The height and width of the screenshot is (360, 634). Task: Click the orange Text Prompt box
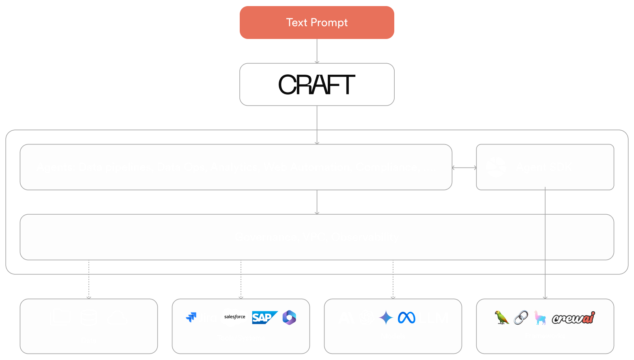pos(317,23)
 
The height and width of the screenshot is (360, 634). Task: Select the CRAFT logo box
pos(317,84)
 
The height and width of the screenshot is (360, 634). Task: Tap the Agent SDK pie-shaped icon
pos(496,167)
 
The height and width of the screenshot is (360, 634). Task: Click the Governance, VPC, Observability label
pos(317,237)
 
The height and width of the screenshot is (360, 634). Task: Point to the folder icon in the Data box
pos(60,317)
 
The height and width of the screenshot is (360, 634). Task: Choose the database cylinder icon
pos(89,317)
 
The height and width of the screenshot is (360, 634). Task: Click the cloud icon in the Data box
pos(118,318)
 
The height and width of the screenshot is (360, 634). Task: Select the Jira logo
pos(202,317)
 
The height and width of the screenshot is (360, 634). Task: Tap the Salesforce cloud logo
pos(234,317)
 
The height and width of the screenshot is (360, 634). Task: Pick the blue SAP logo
pos(264,317)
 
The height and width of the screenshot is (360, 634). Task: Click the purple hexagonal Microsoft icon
pos(289,317)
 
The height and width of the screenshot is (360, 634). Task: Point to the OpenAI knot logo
pos(367,317)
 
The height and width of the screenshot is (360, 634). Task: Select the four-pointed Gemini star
pos(386,317)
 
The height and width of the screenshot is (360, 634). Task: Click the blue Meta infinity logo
pos(406,317)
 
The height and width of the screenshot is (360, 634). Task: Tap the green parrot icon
pos(502,317)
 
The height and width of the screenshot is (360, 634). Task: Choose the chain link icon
pos(521,317)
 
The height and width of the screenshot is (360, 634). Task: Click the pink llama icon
pos(540,317)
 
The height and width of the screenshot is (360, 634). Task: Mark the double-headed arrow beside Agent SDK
pos(464,167)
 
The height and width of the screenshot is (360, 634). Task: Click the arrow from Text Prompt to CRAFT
pos(317,51)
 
